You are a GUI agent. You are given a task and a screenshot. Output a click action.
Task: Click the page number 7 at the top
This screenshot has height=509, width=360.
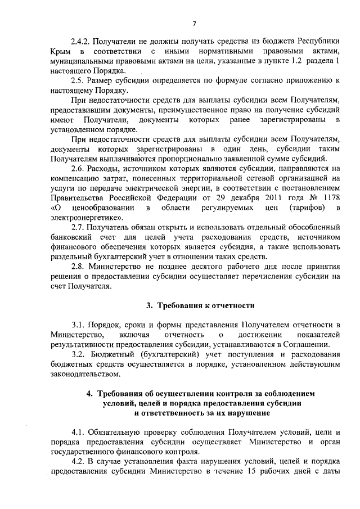[193, 23]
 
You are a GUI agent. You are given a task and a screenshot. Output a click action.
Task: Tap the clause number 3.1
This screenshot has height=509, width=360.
[78, 325]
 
